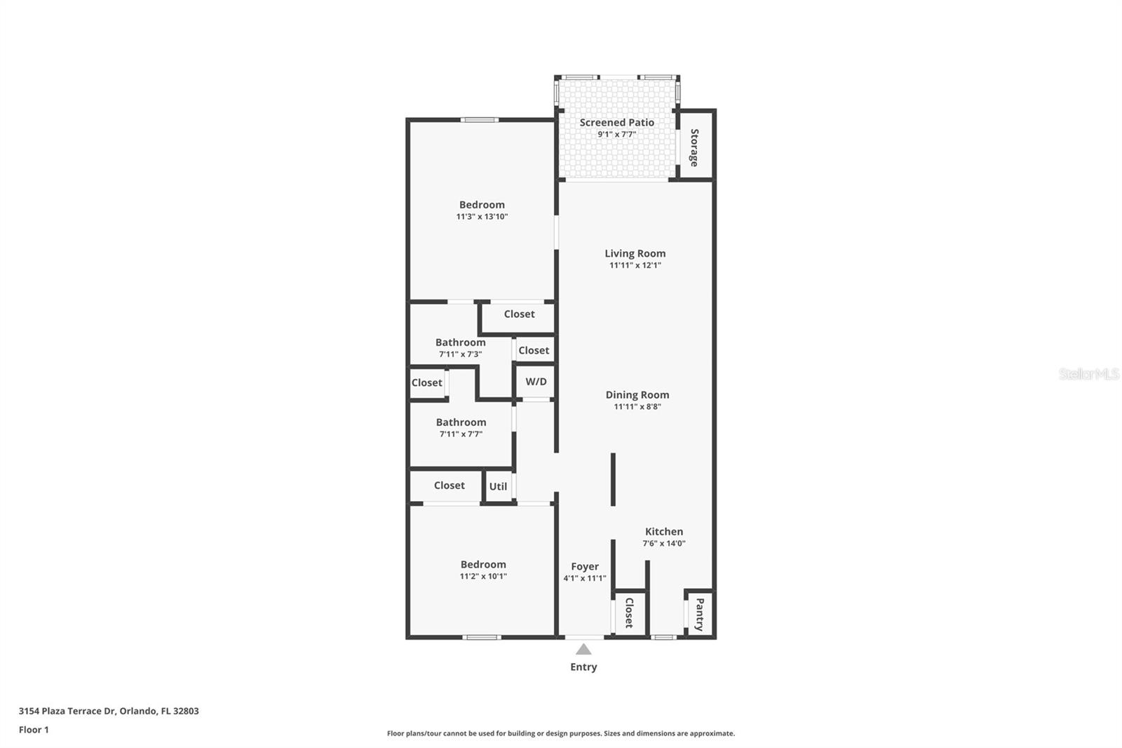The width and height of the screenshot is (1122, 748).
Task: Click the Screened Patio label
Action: [616, 122]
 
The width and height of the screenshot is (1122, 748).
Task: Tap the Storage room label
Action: [694, 147]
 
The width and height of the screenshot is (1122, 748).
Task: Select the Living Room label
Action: [635, 254]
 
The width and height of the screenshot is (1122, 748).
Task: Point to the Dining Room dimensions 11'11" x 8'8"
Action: [637, 406]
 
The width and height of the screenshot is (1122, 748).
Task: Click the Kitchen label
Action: [663, 531]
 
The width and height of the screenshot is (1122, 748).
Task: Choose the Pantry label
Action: [700, 614]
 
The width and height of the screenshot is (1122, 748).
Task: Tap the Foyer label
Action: [585, 566]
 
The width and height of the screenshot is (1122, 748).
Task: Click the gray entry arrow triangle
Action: [583, 649]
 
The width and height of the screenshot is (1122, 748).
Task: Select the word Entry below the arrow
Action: [583, 667]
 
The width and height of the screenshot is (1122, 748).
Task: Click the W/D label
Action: [536, 382]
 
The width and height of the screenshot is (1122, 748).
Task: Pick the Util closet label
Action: [498, 486]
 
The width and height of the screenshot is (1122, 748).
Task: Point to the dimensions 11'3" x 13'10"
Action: [482, 217]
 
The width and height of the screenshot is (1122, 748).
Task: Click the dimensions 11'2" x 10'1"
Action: [483, 577]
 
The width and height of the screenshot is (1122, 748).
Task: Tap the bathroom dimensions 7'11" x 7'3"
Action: [460, 354]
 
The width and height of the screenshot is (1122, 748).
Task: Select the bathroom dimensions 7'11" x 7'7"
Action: [461, 434]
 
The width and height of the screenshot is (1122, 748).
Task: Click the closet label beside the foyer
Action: [629, 613]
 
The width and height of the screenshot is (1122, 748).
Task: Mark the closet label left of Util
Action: [450, 486]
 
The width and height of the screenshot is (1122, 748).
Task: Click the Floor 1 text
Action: [34, 730]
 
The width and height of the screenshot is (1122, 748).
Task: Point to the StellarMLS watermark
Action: [1088, 374]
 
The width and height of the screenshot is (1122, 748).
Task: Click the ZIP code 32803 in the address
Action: [187, 711]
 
